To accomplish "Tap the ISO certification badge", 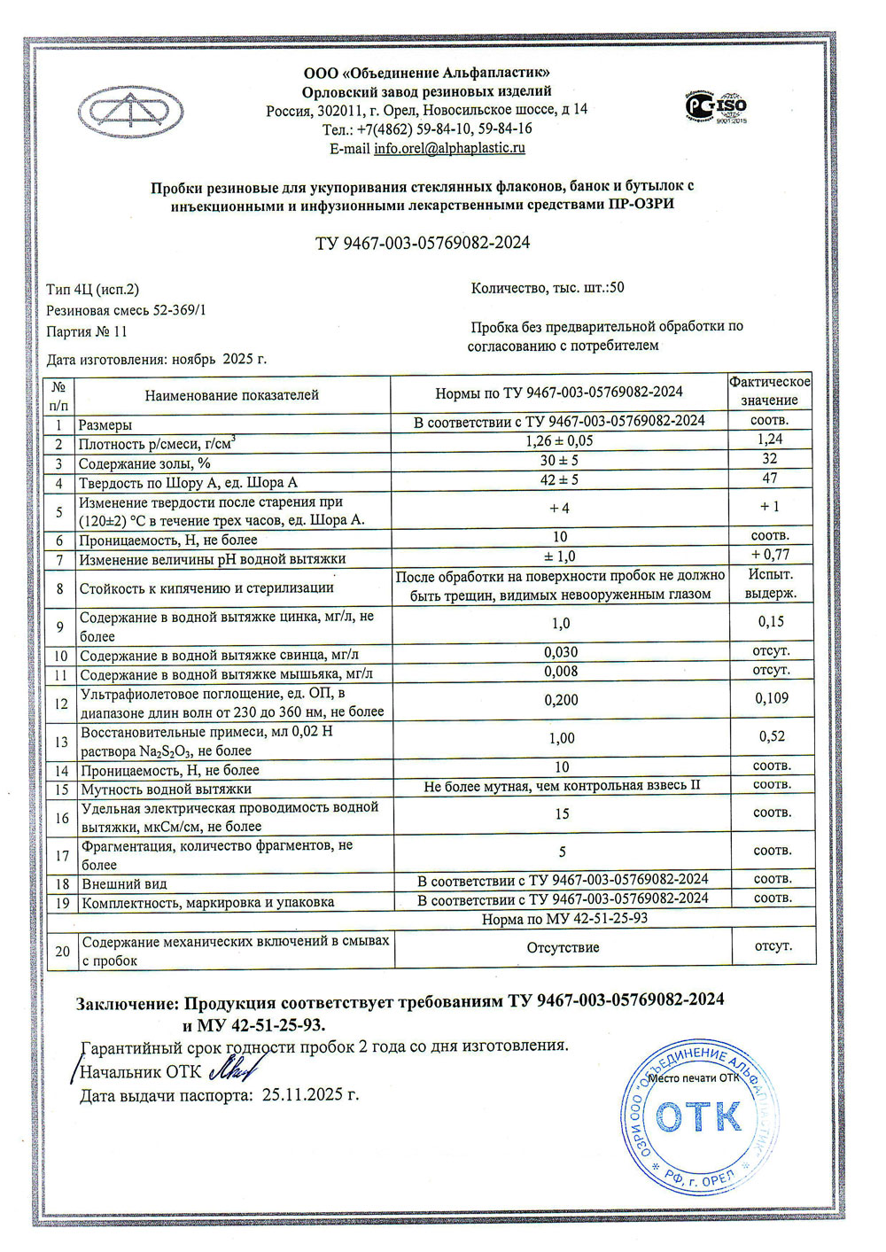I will (716, 106).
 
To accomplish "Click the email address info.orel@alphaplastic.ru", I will (449, 149).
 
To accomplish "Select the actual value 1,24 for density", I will (769, 439).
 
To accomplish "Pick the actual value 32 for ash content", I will (769, 459).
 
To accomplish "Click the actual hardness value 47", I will (769, 478).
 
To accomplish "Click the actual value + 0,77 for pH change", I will (769, 555).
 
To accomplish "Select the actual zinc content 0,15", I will (771, 622).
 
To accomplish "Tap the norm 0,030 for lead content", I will (560, 652).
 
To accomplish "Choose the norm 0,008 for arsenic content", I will (560, 672).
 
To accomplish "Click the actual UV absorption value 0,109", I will (772, 698).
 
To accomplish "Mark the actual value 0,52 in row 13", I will (772, 736).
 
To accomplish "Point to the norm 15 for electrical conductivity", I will (562, 813).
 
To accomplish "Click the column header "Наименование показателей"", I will (232, 395).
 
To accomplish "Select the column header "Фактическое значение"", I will (769, 391).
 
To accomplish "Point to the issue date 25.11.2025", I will (310, 1095).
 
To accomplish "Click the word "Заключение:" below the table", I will (127, 1003).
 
